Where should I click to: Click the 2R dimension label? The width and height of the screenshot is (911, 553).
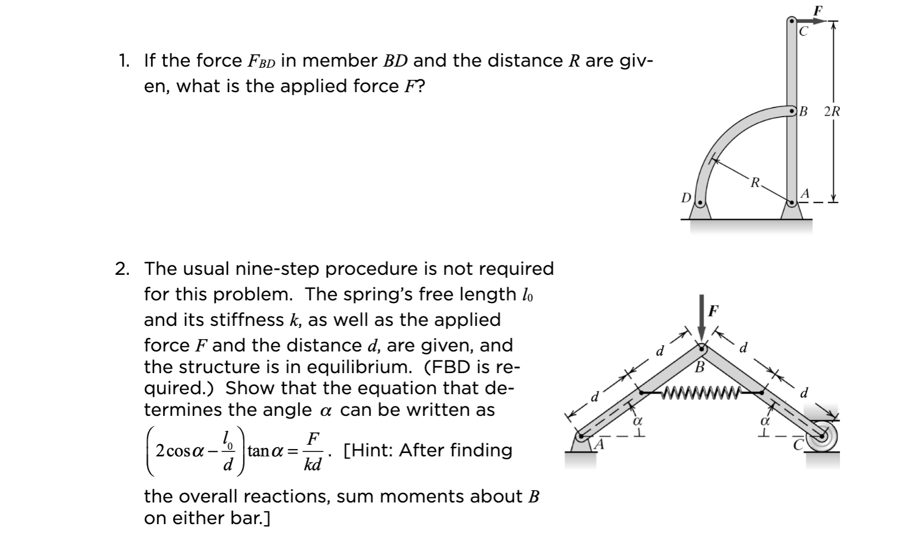(x=832, y=112)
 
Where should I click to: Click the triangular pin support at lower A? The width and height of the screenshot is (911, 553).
(x=580, y=443)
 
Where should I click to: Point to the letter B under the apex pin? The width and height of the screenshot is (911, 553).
(x=700, y=368)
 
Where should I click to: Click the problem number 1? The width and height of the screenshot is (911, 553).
(x=122, y=60)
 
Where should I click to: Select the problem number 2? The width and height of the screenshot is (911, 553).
(x=122, y=269)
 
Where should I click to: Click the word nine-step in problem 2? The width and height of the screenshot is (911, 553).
(x=278, y=269)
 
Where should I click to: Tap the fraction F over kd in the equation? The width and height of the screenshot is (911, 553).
(x=312, y=451)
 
